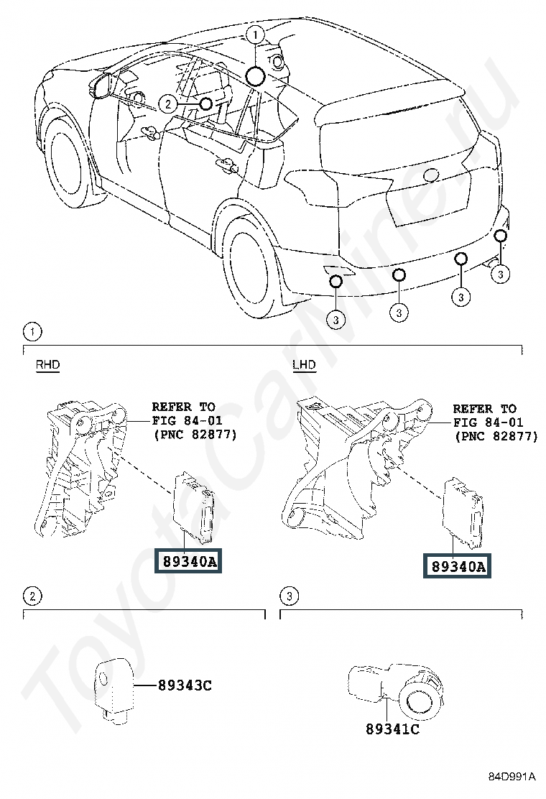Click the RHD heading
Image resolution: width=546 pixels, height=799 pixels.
click(x=47, y=365)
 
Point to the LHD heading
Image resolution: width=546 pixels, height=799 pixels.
click(x=304, y=365)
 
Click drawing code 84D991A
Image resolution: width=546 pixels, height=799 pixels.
click(x=512, y=777)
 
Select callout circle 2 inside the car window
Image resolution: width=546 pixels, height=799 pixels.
click(x=167, y=104)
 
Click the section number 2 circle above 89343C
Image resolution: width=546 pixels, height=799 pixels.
click(x=32, y=596)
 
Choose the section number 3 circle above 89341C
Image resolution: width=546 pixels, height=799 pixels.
click(x=288, y=596)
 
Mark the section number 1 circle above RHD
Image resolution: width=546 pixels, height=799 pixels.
click(x=32, y=332)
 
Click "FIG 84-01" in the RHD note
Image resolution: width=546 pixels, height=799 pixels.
click(x=183, y=421)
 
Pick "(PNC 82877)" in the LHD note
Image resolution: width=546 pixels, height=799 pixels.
click(x=496, y=436)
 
